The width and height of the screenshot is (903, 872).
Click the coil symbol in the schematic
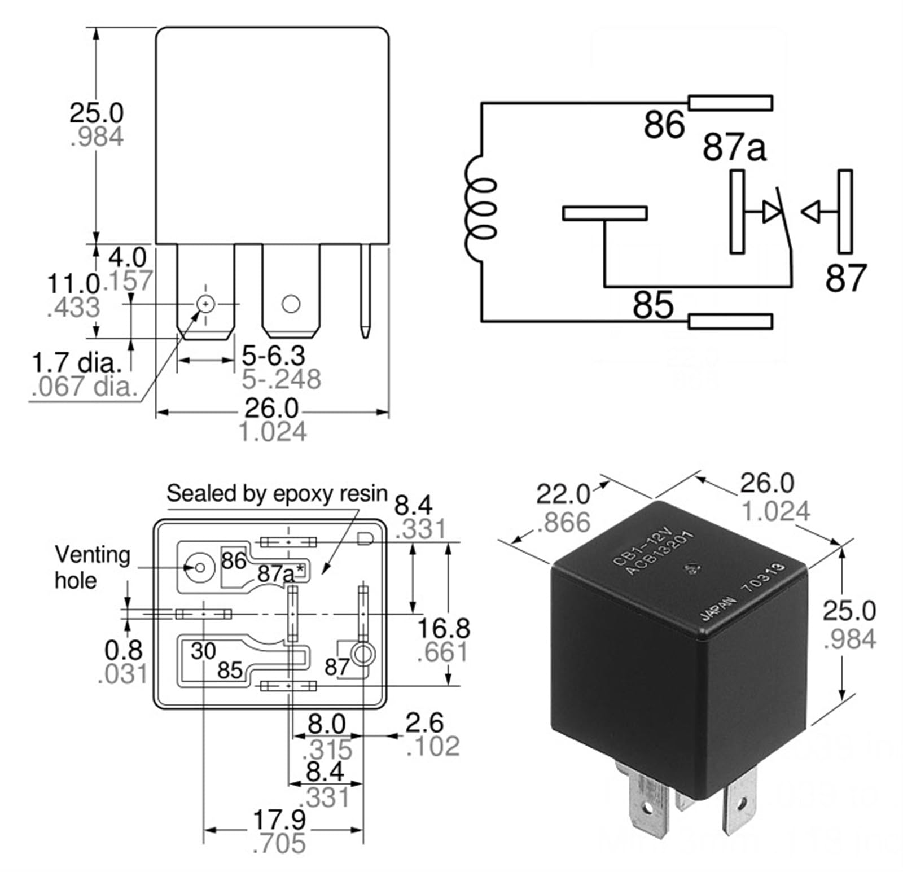point(481,209)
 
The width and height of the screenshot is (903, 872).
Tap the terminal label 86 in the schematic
point(664,125)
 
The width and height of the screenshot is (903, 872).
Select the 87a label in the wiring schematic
point(734,147)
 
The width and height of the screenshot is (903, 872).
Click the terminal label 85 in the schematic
point(653,305)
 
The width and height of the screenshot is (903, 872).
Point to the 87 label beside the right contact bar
point(845,278)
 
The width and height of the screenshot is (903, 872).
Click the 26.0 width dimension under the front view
point(271,408)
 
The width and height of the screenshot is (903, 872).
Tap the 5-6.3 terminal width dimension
point(273,356)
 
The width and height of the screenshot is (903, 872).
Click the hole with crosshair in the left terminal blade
point(206,304)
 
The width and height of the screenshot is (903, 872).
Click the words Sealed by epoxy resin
point(277,494)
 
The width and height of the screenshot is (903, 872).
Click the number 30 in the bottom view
point(203,651)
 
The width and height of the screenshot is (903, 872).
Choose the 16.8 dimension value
point(443,628)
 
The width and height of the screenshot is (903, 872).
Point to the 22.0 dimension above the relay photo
point(562,494)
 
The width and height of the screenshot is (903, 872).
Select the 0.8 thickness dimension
point(123,650)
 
